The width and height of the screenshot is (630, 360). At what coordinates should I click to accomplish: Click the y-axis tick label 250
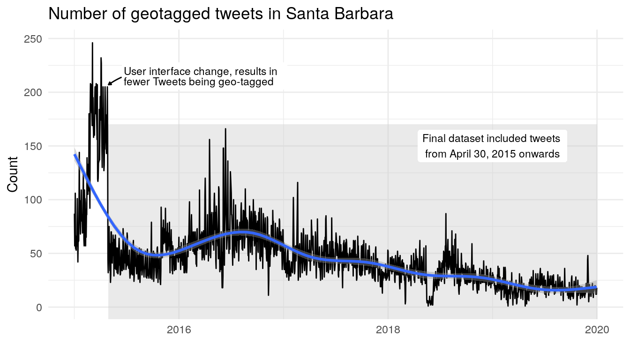[x=32, y=39]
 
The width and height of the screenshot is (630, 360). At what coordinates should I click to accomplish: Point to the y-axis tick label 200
[x=32, y=92]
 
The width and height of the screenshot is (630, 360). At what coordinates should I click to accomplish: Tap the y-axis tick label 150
[x=32, y=146]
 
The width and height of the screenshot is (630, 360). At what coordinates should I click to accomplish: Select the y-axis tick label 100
[x=32, y=200]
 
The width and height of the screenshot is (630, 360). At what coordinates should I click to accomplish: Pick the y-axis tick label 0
[x=39, y=307]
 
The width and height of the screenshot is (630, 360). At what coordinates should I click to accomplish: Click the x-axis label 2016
[x=179, y=330]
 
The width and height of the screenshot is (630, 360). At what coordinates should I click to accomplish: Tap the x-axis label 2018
[x=388, y=330]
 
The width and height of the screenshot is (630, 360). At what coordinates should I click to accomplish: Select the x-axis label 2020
[x=597, y=330]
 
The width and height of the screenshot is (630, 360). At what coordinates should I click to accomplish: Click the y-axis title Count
[x=13, y=173]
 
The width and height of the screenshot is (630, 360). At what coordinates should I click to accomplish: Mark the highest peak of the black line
[x=92, y=43]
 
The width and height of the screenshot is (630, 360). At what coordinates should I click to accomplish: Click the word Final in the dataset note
[x=434, y=139]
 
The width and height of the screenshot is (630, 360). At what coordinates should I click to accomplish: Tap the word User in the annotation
[x=133, y=71]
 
